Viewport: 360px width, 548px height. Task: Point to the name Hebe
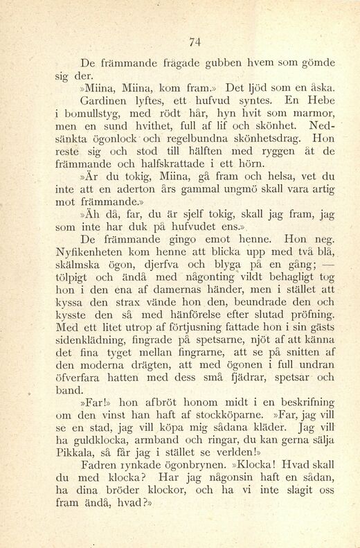321,101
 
